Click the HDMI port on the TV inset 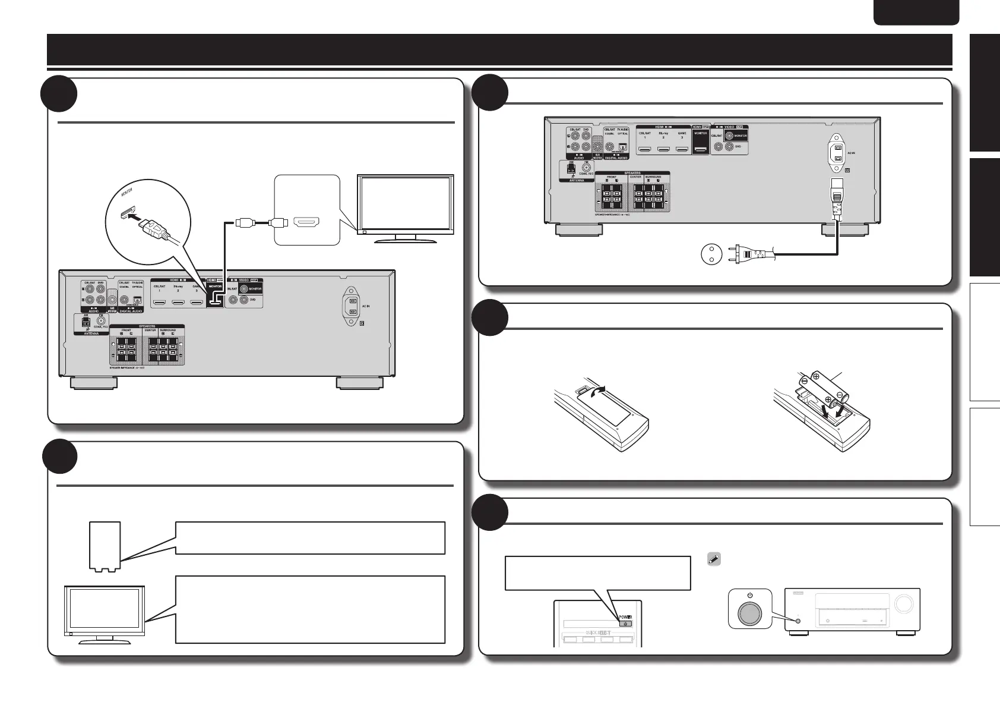(306, 223)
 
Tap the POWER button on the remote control (626, 624)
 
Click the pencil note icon (714, 559)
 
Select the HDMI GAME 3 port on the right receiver (682, 150)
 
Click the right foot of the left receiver (360, 383)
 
